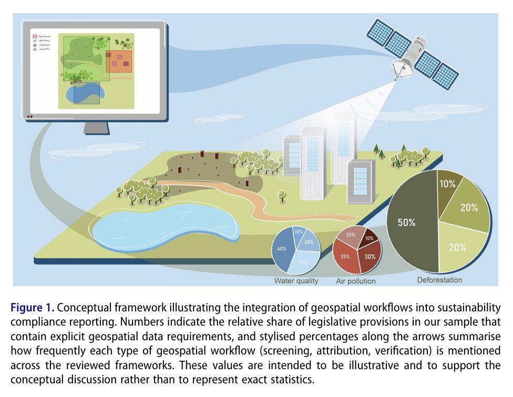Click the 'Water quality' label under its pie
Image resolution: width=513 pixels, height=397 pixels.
[x=296, y=281]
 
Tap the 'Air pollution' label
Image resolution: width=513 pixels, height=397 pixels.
[x=356, y=281]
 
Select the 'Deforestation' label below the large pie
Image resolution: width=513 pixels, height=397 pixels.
[x=439, y=280]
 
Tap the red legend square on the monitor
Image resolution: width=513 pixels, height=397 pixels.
[x=35, y=36]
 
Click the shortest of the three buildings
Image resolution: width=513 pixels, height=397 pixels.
[x=361, y=179]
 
